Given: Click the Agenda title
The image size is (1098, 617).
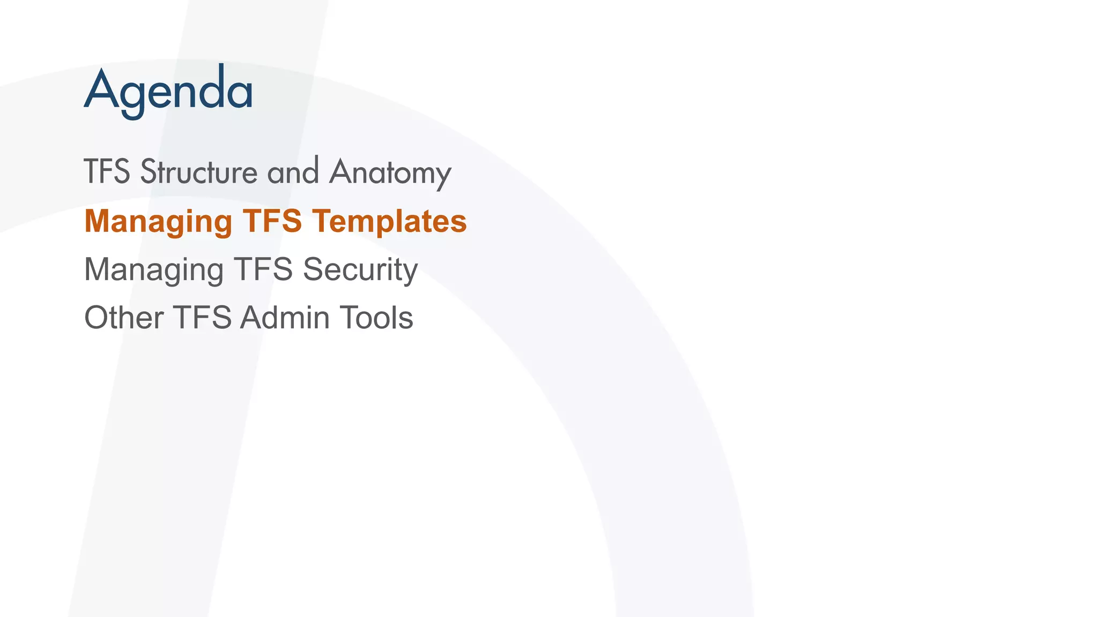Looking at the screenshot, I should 168,90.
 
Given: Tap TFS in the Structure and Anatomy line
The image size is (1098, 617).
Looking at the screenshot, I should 107,172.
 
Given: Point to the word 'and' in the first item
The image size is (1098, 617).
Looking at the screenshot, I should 293,171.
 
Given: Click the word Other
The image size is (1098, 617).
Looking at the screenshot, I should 124,317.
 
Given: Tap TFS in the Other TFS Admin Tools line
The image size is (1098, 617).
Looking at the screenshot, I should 202,317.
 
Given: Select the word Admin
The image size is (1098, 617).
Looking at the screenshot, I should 285,317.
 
